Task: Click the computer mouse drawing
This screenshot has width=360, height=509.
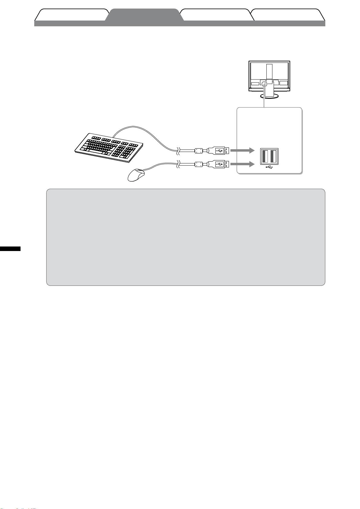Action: pos(136,175)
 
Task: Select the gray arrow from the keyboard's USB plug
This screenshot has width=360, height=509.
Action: pos(242,150)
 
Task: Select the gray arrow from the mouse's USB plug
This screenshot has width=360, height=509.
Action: pos(242,164)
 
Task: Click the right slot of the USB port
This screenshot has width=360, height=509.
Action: pos(274,156)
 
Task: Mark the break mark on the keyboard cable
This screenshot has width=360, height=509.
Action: pos(179,150)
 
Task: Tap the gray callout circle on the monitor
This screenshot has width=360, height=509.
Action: pos(264,83)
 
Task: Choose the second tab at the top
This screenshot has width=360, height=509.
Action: pos(144,15)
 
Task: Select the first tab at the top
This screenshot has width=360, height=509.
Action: pos(72,15)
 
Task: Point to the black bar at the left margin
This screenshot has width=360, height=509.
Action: pos(10,249)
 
